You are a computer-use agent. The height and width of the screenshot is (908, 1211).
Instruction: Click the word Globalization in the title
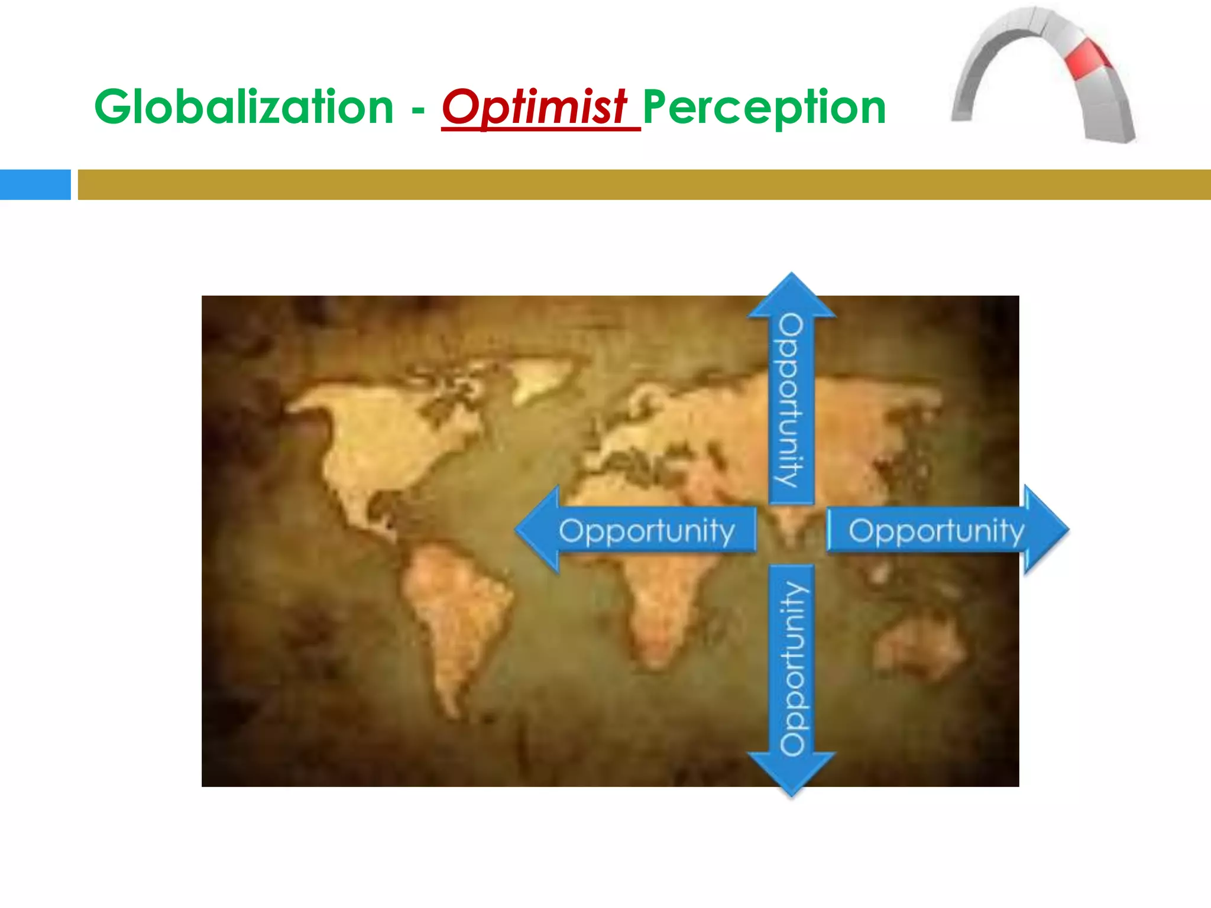click(x=244, y=108)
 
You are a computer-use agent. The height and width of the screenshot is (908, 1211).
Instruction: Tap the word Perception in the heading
click(x=764, y=108)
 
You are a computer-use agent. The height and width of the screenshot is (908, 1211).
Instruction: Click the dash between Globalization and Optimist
click(x=418, y=111)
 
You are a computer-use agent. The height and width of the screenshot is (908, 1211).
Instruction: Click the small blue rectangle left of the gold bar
click(x=35, y=184)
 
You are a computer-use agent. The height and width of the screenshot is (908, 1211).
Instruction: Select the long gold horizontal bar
click(x=643, y=184)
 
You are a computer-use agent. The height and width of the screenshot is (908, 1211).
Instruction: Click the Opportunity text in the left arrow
click(x=646, y=530)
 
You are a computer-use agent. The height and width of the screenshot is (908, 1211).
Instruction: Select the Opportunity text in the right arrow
click(x=935, y=530)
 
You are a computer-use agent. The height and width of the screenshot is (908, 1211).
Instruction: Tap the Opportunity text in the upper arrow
click(x=791, y=401)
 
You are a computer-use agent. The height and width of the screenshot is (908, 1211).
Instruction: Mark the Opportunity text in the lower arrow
click(x=792, y=668)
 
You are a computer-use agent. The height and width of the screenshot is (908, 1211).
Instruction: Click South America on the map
click(x=455, y=615)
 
